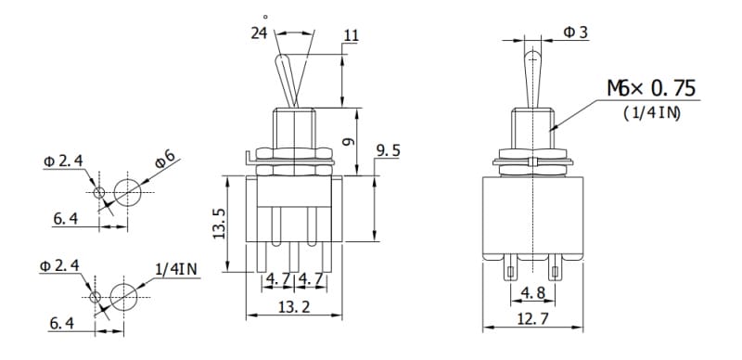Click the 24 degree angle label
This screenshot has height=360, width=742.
(259, 33)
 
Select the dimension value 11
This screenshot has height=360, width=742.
(352, 35)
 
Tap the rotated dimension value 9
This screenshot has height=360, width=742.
(348, 141)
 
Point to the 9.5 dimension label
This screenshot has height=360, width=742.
(388, 151)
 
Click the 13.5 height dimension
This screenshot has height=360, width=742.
(219, 224)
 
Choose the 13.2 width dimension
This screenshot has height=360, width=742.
(294, 307)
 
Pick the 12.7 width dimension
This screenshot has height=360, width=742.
(532, 319)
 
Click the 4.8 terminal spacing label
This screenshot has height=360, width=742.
(532, 293)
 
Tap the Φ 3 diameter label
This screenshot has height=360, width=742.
(575, 32)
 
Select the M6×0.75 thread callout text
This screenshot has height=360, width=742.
(652, 88)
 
